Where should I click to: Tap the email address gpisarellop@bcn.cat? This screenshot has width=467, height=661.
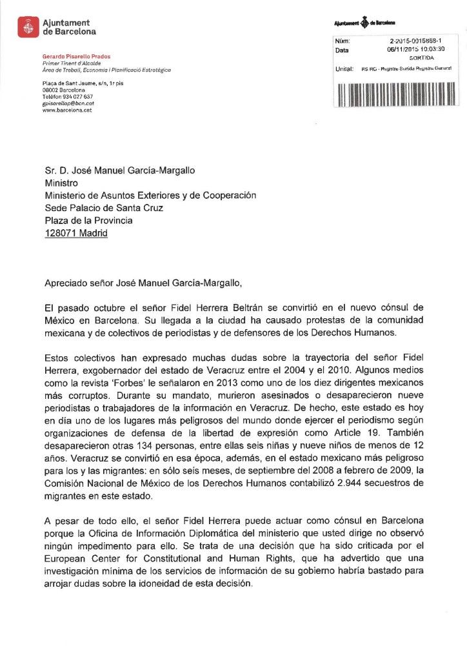pos(68,103)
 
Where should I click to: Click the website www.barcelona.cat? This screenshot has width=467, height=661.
pos(66,110)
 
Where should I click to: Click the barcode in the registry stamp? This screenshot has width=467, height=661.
pos(396,93)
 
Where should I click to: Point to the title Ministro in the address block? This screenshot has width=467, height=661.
pos(61,183)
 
